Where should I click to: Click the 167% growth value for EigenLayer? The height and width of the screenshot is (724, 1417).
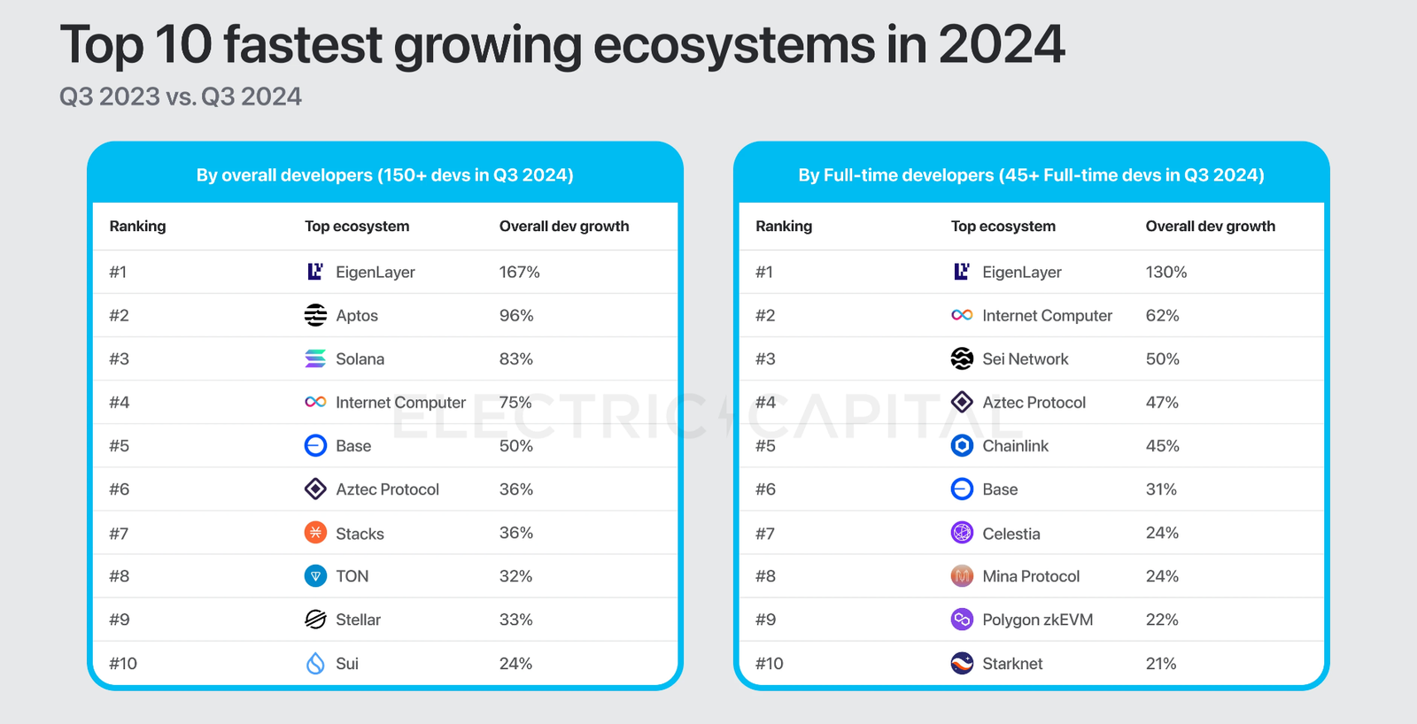pyautogui.click(x=519, y=273)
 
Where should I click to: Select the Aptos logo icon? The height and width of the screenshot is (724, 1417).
pyautogui.click(x=315, y=315)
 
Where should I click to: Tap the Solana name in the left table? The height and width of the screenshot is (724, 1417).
pyautogui.click(x=360, y=359)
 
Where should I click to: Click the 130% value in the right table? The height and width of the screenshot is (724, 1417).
pyautogui.click(x=1165, y=273)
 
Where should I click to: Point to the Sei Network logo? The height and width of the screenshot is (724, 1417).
pyautogui.click(x=962, y=358)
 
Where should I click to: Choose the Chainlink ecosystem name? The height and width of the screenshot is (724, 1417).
pyautogui.click(x=1015, y=446)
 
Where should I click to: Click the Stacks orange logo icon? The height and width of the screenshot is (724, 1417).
pyautogui.click(x=315, y=533)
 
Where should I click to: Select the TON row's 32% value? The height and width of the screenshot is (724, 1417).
pyautogui.click(x=515, y=576)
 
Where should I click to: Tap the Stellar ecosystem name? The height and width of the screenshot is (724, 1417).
pyautogui.click(x=358, y=620)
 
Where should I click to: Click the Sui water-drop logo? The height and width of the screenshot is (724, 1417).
pyautogui.click(x=315, y=663)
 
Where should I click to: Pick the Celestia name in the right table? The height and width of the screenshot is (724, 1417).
pyautogui.click(x=1010, y=534)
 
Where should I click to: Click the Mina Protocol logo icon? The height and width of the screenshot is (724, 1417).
pyautogui.click(x=962, y=576)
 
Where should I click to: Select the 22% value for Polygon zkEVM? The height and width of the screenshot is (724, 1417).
pyautogui.click(x=1161, y=620)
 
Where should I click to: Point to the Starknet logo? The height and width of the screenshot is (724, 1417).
pyautogui.click(x=962, y=663)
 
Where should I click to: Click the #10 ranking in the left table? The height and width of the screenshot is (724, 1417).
pyautogui.click(x=123, y=664)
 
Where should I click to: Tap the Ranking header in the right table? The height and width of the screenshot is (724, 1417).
pyautogui.click(x=783, y=227)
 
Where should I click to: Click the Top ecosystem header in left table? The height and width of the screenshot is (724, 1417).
pyautogui.click(x=357, y=227)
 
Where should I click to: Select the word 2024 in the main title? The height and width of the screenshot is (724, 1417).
pyautogui.click(x=1001, y=44)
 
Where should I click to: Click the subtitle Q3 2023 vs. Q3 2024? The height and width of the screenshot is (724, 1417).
pyautogui.click(x=181, y=96)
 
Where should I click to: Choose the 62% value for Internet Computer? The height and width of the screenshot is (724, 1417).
pyautogui.click(x=1162, y=316)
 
